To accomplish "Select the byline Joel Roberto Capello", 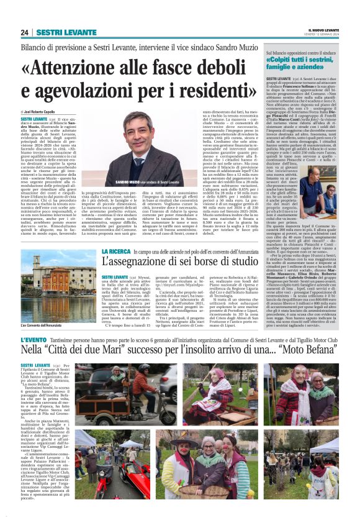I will pos(45,110).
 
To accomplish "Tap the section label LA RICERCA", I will pos(116,251).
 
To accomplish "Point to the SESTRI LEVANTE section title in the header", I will pos(56,32).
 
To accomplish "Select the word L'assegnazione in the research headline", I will pos(135,261).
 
